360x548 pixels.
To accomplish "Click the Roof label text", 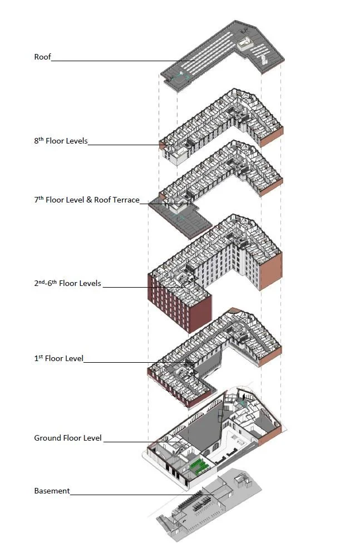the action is [42, 57].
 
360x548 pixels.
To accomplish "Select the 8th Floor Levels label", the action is [61, 141].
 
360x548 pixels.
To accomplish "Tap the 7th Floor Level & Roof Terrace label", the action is [86, 200].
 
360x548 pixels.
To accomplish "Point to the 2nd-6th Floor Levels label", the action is [67, 283].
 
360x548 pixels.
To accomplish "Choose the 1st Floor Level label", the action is [58, 359].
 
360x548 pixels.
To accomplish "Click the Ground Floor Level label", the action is [68, 438].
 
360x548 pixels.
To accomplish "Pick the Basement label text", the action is [52, 491].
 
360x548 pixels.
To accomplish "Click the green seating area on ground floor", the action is [199, 465].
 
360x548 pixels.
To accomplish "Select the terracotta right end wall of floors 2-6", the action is [271, 270].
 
